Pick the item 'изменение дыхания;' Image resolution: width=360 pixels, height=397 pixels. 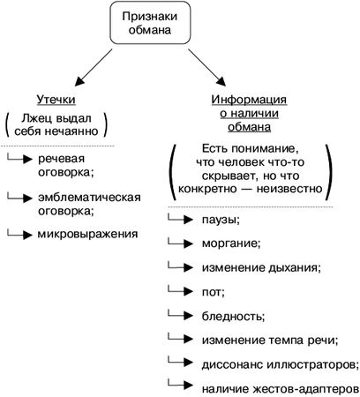[x=261, y=266]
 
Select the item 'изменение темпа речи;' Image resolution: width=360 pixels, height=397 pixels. [x=269, y=338]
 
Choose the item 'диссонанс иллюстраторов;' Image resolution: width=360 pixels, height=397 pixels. [x=278, y=362]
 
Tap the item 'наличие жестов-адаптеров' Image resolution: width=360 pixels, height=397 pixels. [x=280, y=386]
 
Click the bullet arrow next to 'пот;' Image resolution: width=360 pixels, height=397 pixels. [x=181, y=288]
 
